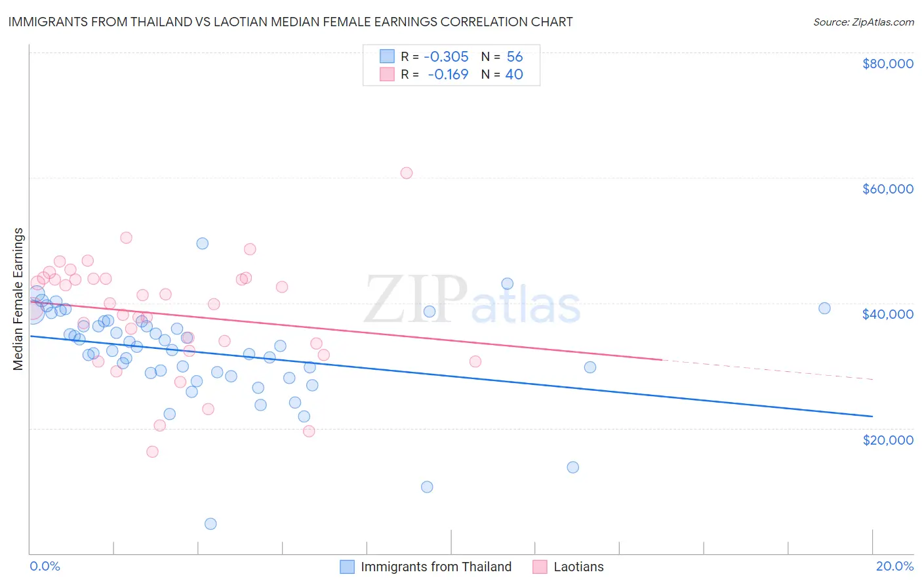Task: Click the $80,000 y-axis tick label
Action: (x=888, y=64)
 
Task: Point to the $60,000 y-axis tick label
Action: (x=888, y=189)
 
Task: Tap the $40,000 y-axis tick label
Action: (x=888, y=314)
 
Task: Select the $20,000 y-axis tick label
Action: (x=888, y=439)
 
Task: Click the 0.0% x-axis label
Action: (x=45, y=566)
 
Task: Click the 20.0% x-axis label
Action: (x=894, y=566)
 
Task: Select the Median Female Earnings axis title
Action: (x=18, y=299)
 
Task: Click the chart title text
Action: (x=291, y=22)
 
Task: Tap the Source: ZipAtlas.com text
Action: (x=863, y=22)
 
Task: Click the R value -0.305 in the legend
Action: (x=446, y=57)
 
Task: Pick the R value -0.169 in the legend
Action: (x=448, y=75)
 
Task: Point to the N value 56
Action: (x=515, y=57)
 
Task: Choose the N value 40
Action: (x=514, y=75)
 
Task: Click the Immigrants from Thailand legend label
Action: (x=436, y=567)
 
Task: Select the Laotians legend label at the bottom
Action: (x=578, y=567)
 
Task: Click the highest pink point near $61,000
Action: (x=407, y=173)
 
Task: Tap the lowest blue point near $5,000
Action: (x=210, y=523)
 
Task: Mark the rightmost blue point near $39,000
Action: (x=824, y=308)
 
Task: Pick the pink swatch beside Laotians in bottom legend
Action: (x=540, y=567)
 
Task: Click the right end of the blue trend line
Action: (x=872, y=416)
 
